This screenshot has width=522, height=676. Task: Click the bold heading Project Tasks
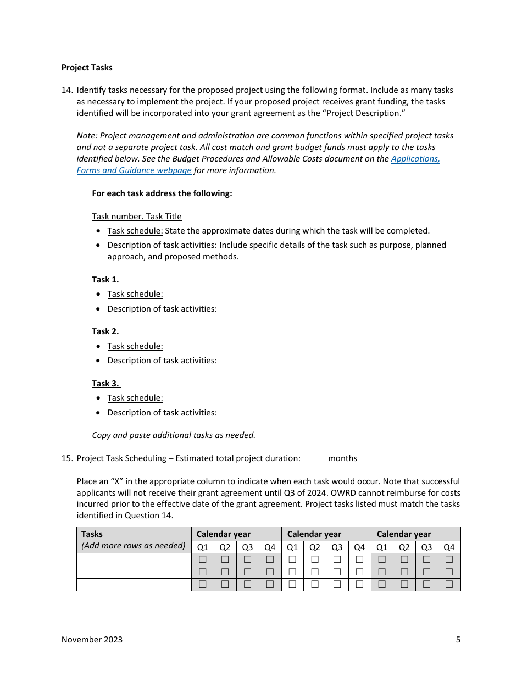87,68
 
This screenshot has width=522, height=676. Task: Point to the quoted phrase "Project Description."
363,113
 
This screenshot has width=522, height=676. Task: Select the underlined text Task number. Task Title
137,217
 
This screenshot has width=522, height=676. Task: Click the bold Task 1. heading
105,280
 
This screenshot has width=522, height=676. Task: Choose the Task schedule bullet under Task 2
135,346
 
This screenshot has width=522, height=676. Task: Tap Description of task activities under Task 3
161,413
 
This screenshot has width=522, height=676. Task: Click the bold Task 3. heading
105,384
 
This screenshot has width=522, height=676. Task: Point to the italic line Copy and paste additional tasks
174,435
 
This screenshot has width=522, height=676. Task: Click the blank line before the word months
314,459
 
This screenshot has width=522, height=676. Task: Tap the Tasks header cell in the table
92,534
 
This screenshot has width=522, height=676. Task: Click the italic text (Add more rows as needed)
134,546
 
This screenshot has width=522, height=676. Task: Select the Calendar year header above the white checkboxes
314,534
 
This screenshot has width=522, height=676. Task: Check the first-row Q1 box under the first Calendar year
203,559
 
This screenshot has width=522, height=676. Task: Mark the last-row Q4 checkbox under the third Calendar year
449,584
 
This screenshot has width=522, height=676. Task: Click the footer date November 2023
92,640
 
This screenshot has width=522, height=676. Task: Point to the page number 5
458,640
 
